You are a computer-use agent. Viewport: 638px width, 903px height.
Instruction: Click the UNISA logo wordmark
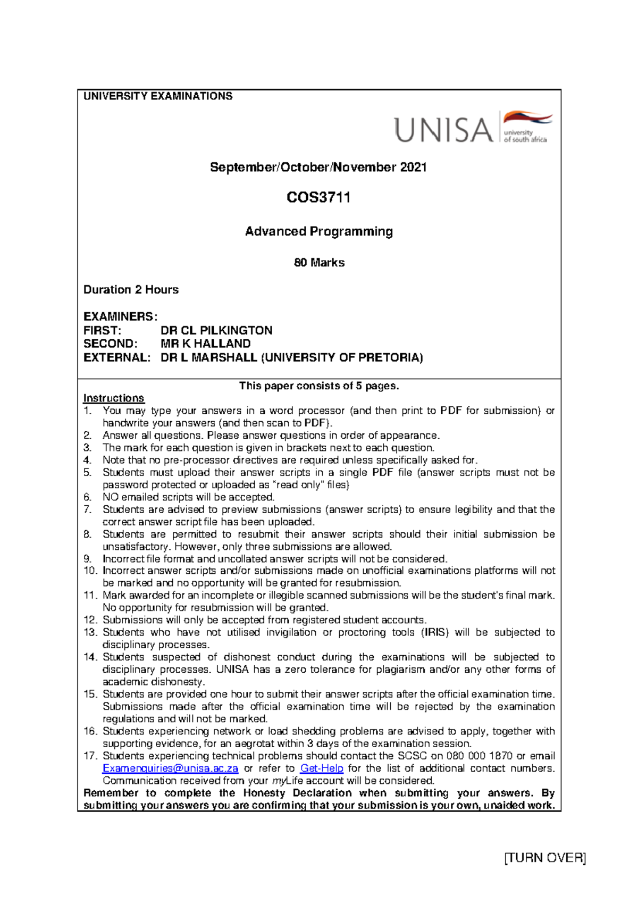click(x=443, y=130)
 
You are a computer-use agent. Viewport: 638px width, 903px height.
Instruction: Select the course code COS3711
click(x=318, y=197)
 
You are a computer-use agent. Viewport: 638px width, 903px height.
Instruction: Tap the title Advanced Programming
click(x=318, y=231)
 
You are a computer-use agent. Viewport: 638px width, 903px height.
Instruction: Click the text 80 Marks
click(x=319, y=263)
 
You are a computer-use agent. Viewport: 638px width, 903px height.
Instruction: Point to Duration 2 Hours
click(x=131, y=290)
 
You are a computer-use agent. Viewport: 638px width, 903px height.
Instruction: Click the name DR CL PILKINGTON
click(x=216, y=330)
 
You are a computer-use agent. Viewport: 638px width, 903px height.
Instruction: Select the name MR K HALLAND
click(x=205, y=344)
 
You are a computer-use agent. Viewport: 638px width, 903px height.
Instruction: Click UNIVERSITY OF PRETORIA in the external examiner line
click(x=342, y=357)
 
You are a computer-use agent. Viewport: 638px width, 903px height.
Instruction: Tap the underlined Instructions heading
click(x=113, y=398)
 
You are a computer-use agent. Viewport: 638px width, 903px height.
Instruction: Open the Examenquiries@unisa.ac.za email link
click(x=170, y=768)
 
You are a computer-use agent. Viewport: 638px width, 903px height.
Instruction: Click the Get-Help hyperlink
click(x=322, y=768)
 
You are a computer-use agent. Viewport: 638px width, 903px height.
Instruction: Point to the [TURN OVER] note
click(x=544, y=858)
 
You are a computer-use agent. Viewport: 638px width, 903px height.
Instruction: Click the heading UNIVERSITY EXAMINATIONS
click(x=158, y=96)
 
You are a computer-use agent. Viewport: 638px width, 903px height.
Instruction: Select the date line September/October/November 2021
click(x=318, y=167)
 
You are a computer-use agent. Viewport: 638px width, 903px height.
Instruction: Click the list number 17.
click(x=90, y=756)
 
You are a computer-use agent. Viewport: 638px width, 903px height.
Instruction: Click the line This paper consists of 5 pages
click(x=318, y=386)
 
